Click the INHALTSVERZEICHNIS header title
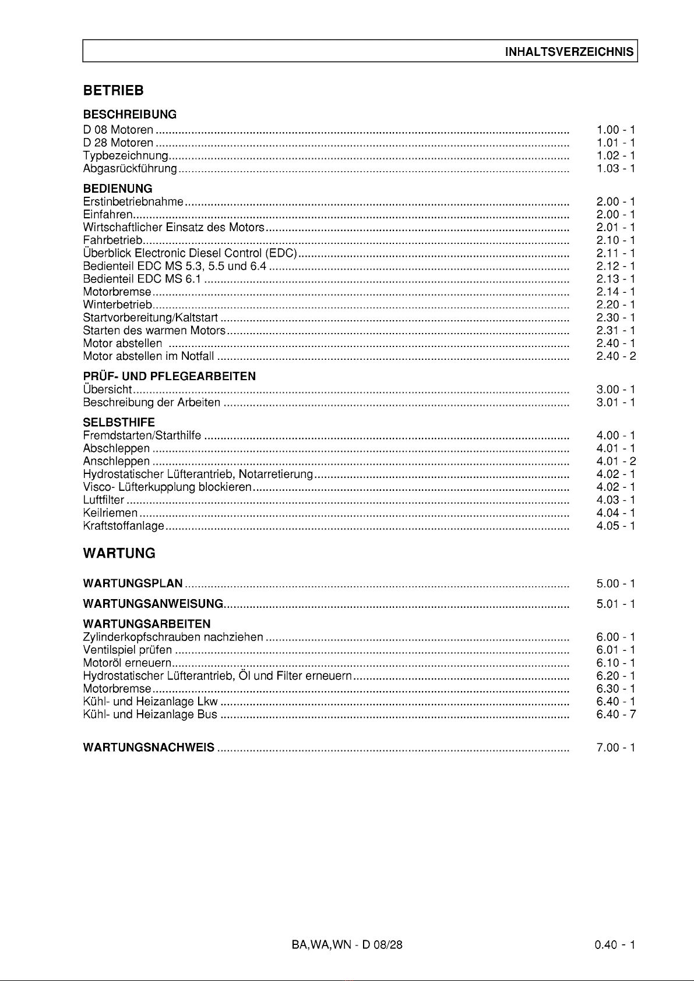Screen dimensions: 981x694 569,51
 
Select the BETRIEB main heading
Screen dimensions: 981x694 113,91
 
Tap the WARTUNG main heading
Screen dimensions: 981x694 119,553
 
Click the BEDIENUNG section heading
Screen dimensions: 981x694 118,189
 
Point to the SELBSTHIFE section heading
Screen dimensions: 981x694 119,422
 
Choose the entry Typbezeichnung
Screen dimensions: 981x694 125,155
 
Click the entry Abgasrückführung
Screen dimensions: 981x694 130,168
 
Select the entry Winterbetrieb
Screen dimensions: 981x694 118,304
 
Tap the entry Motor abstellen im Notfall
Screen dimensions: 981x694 149,356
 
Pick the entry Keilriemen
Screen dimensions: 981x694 111,513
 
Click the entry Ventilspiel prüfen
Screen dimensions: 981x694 128,650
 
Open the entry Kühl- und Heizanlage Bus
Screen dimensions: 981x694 150,714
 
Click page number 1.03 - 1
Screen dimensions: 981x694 615,168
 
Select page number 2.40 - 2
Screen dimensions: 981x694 615,356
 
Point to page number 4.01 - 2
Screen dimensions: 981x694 615,462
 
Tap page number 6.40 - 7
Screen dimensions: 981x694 615,714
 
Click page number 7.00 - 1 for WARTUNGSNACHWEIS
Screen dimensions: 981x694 615,747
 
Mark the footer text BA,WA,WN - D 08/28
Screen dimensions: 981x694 347,945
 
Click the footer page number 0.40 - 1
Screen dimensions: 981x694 615,945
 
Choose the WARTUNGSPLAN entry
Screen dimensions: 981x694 133,583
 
